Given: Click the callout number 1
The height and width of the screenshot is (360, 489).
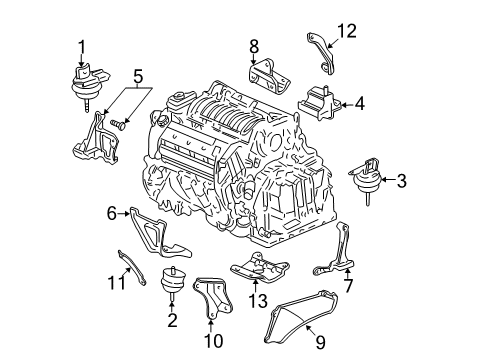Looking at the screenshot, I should click(82, 44).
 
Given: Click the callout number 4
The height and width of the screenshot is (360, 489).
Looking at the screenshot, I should click(359, 102).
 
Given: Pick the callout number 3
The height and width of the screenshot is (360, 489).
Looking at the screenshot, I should click(401, 181).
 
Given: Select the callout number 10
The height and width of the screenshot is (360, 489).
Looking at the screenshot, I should click(210, 341).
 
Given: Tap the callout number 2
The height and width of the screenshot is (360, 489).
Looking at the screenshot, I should click(172, 320).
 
